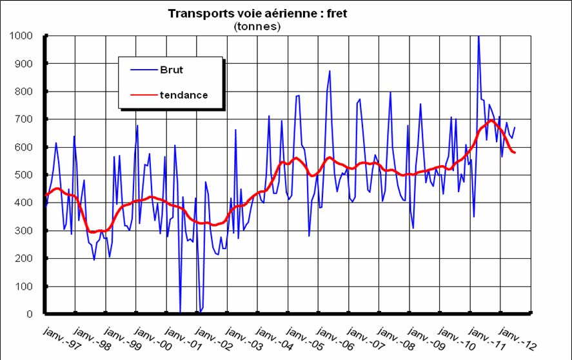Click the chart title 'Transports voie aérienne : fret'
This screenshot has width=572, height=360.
click(257, 14)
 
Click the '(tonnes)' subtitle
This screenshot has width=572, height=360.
click(257, 26)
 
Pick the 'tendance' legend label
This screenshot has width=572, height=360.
click(184, 95)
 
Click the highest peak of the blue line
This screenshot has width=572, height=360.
click(478, 37)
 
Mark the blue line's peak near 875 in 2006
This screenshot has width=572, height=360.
click(330, 71)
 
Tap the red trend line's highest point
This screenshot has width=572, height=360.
click(491, 120)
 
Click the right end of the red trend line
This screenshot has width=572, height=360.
click(515, 152)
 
